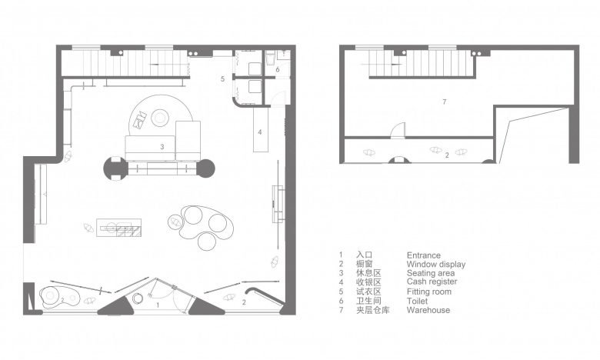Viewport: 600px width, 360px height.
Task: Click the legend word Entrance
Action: point(423,255)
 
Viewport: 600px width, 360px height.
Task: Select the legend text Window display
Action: point(436,265)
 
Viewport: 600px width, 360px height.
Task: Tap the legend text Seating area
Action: point(431,273)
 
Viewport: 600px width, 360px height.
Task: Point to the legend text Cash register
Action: point(432,282)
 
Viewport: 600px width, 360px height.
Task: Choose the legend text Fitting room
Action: point(429,292)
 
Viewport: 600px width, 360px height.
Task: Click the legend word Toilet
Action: point(417,301)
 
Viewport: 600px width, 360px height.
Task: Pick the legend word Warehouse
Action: point(428,310)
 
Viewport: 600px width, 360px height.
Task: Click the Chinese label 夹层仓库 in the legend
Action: point(373,310)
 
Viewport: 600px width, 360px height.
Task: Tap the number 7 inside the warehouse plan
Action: point(444,102)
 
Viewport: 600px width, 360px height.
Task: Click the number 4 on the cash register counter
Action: point(260,132)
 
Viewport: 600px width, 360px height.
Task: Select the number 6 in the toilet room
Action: point(278,70)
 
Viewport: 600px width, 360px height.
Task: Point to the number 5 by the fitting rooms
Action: point(222,79)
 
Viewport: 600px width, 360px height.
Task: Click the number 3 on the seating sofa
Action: point(162,146)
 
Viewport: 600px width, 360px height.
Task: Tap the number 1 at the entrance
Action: point(158,305)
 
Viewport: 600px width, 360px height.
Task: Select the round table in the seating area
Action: point(160,118)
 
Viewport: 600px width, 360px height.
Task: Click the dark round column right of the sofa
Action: point(205,168)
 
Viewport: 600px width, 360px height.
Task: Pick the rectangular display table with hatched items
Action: point(118,228)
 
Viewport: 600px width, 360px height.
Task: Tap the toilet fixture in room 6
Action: point(270,58)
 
